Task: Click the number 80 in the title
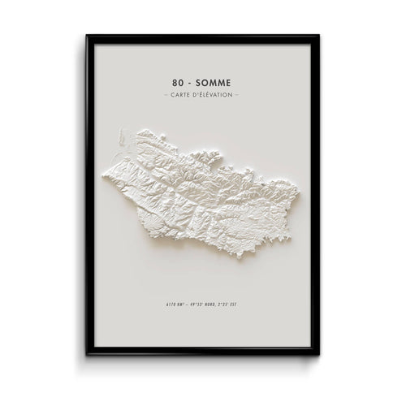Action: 179,82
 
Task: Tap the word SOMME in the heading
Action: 214,82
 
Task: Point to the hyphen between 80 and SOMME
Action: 192,82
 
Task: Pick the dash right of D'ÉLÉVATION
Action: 237,96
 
